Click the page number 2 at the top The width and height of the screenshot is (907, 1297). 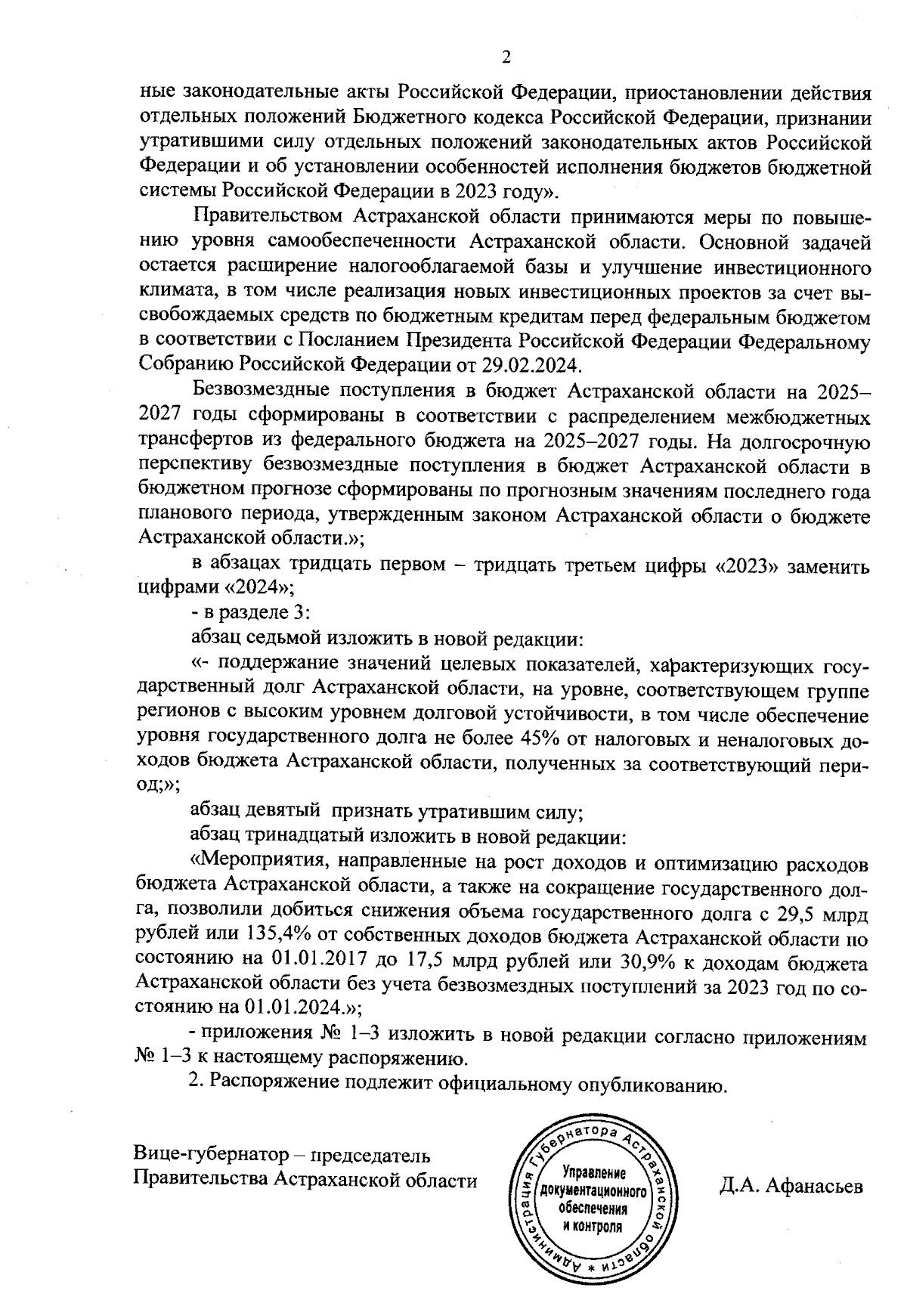(506, 57)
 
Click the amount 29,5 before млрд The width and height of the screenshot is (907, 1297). (796, 914)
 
